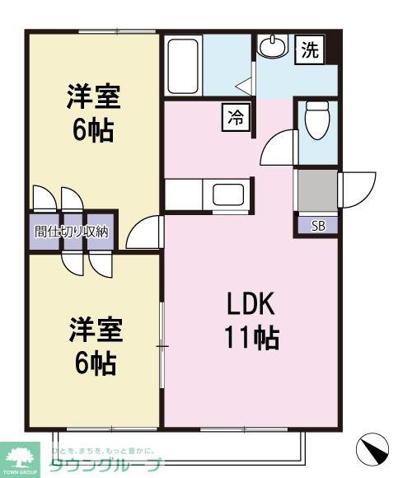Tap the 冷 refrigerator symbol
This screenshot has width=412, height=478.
coord(234,118)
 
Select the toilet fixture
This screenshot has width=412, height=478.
coord(316,122)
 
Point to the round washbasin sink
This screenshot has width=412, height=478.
coord(270,47)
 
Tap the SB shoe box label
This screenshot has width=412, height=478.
coord(317,225)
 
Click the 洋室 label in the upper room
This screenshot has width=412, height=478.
coord(93,98)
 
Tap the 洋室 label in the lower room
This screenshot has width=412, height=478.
coord(93,330)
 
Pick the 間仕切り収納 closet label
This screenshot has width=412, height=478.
coord(72,232)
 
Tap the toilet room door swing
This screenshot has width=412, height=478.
coord(279,148)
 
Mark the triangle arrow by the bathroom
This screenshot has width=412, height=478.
coord(242,83)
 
